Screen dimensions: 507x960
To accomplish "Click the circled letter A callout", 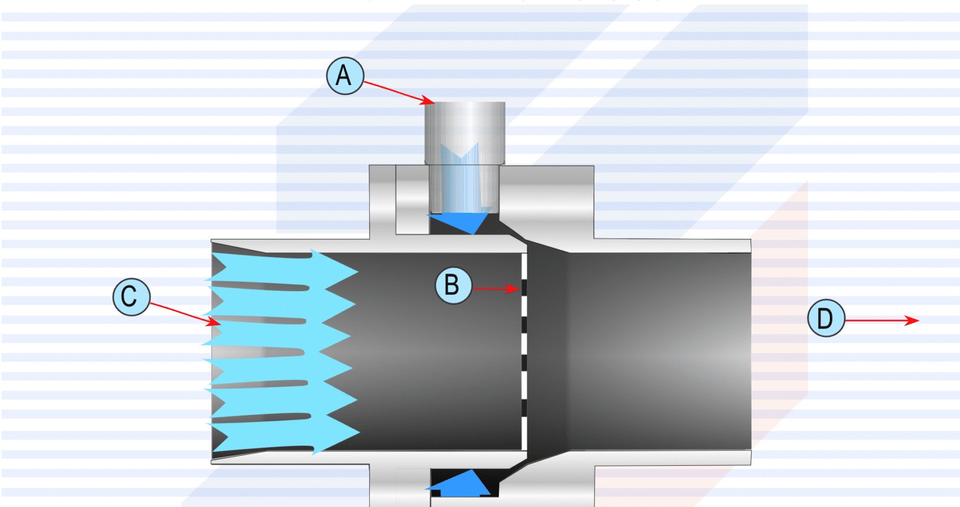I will click(x=345, y=76).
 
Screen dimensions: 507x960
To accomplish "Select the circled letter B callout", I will click(x=453, y=285).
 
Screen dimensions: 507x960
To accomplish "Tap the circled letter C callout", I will click(x=131, y=297).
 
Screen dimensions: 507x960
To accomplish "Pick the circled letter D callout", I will click(x=826, y=318).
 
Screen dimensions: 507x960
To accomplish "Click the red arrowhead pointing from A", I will click(x=428, y=101).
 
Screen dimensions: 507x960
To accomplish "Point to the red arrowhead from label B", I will click(x=514, y=289).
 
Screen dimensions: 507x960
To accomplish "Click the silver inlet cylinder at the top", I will click(x=465, y=133).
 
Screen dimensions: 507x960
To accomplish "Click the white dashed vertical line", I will click(x=524, y=351).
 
